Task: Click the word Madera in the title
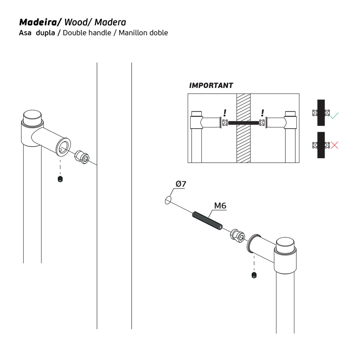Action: (x=110, y=22)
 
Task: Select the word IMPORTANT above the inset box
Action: (x=211, y=85)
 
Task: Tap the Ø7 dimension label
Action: (x=181, y=184)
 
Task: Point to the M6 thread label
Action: (x=220, y=206)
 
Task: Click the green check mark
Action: (x=334, y=116)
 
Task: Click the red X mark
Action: (x=334, y=145)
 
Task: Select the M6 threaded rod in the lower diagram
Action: (x=207, y=221)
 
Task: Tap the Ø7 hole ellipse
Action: (x=168, y=200)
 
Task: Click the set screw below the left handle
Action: (x=60, y=179)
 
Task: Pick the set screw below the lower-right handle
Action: (x=254, y=275)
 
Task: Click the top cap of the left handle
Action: (x=32, y=116)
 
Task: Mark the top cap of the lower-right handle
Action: (x=285, y=244)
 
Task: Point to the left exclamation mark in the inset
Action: (x=225, y=113)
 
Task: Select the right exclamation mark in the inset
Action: (x=263, y=113)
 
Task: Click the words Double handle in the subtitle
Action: (x=87, y=33)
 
